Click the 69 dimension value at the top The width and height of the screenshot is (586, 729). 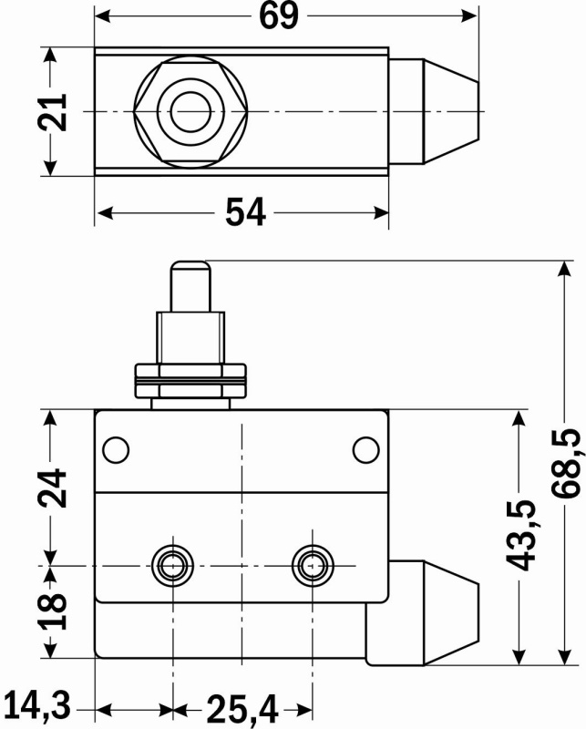click(x=280, y=15)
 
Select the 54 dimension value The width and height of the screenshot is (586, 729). click(x=245, y=212)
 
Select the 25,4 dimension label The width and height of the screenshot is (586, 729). click(x=242, y=707)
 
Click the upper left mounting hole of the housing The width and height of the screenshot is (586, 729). click(x=116, y=449)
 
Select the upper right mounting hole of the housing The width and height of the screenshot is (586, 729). click(x=365, y=449)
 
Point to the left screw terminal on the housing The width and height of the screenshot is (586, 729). click(x=170, y=564)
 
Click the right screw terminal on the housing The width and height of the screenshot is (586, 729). click(x=313, y=564)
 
